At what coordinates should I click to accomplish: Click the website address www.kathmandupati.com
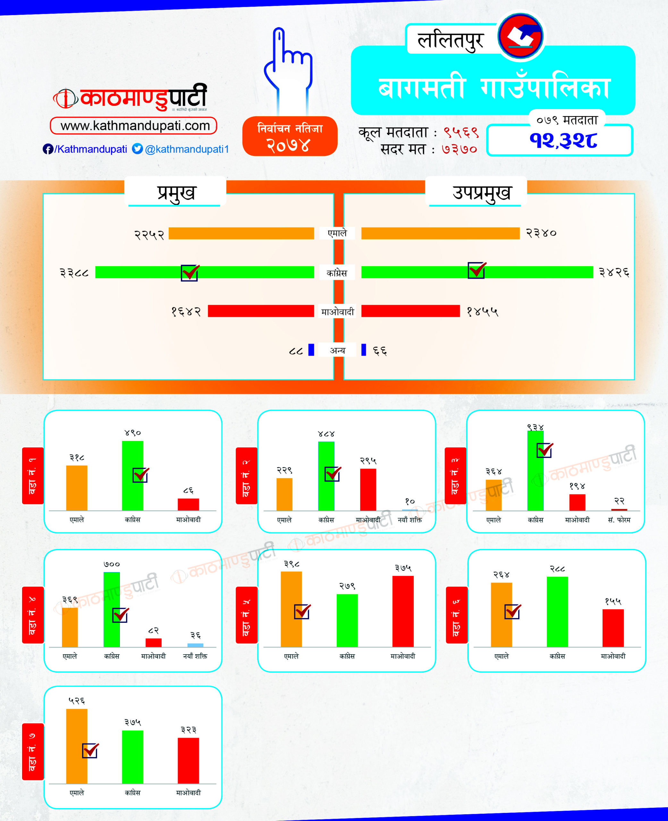click(x=135, y=126)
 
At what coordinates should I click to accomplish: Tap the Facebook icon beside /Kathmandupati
click(x=48, y=149)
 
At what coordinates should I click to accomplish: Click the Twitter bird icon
click(x=137, y=148)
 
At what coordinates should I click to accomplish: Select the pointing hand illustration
click(x=289, y=69)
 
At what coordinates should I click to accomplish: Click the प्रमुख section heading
click(x=176, y=192)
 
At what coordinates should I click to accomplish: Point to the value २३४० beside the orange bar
click(x=541, y=233)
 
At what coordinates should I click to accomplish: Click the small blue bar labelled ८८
click(x=311, y=350)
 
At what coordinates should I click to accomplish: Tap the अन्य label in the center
click(x=337, y=350)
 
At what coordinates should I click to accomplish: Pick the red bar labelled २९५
click(x=368, y=489)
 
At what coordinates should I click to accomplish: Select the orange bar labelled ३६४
click(x=493, y=495)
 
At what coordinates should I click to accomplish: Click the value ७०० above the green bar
click(x=112, y=564)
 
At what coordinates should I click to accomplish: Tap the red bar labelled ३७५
click(x=403, y=612)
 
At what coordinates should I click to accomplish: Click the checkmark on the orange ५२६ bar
click(x=90, y=750)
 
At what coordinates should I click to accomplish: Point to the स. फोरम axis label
click(x=619, y=520)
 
